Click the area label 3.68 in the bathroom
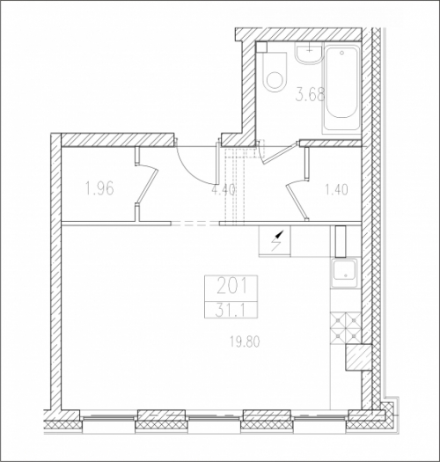pos(310,95)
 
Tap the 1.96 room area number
pos(99,188)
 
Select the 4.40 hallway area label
pos(224,190)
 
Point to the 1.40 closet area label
pos(336,189)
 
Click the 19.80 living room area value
pos(245,342)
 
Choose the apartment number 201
pos(231,287)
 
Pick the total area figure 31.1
pos(231,312)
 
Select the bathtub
pos(341,89)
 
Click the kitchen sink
pos(345,273)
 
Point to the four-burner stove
pos(345,327)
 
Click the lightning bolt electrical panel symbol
pos(277,240)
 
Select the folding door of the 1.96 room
pos(145,183)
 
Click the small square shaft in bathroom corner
pos(261,48)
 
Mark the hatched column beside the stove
pos(358,357)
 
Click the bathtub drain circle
pos(341,53)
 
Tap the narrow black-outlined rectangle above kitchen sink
pos(341,241)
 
